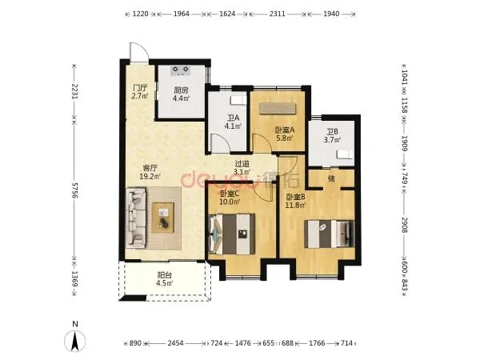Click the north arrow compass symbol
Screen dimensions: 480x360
pos(74,341)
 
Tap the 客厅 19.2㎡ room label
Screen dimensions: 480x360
pos(150,172)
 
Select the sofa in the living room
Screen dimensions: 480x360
pos(135,218)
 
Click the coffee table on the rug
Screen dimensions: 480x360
pos(163,218)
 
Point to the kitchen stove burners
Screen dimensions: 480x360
pos(181,70)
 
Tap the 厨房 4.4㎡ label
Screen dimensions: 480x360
pos(181,94)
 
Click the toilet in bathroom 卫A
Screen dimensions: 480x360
pos(238,99)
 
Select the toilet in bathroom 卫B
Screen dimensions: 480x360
pos(345,154)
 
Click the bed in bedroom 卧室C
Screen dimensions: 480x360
pos(231,234)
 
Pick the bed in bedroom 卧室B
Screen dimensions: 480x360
pos(329,234)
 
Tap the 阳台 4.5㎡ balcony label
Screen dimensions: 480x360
pos(164,279)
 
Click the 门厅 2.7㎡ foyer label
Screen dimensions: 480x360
pos(140,91)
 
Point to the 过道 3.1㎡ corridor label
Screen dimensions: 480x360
pos(242,168)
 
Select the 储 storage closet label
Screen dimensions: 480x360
pos(331,178)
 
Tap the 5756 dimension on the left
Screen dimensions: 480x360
pos(74,190)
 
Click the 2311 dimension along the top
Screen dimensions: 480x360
pos(278,14)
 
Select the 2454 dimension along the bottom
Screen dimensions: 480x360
pos(175,343)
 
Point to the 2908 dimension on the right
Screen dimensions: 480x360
pos(404,224)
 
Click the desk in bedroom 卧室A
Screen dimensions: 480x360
pos(278,108)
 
